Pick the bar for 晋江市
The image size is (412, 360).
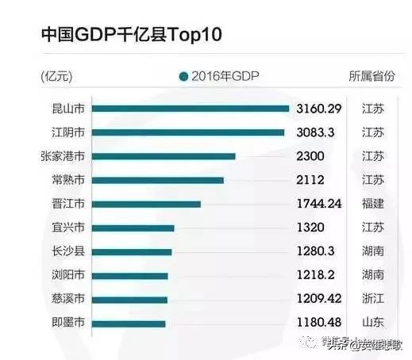[x=146, y=204]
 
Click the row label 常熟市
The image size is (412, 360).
[x=67, y=180]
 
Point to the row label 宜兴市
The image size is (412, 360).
[x=67, y=228]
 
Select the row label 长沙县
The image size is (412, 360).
[x=67, y=252]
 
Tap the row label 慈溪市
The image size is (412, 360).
[x=67, y=300]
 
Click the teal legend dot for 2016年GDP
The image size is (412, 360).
[x=183, y=77]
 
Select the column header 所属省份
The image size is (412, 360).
[x=372, y=77]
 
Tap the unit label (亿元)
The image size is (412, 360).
[x=56, y=77]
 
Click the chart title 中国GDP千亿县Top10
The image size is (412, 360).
[x=131, y=35]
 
